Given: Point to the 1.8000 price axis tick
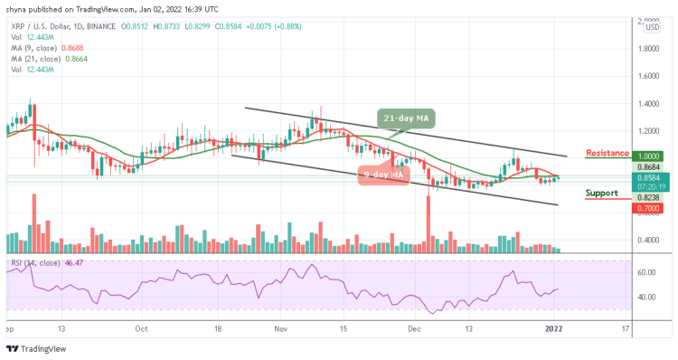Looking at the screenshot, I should pos(651,51).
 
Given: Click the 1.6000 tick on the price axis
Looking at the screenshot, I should pos(651,77).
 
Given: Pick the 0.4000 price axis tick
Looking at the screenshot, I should pos(651,240).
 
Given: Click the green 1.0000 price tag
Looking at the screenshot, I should pos(651,156).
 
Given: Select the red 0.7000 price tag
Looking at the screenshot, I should pos(651,208).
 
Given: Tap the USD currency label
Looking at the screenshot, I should pos(651,27).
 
